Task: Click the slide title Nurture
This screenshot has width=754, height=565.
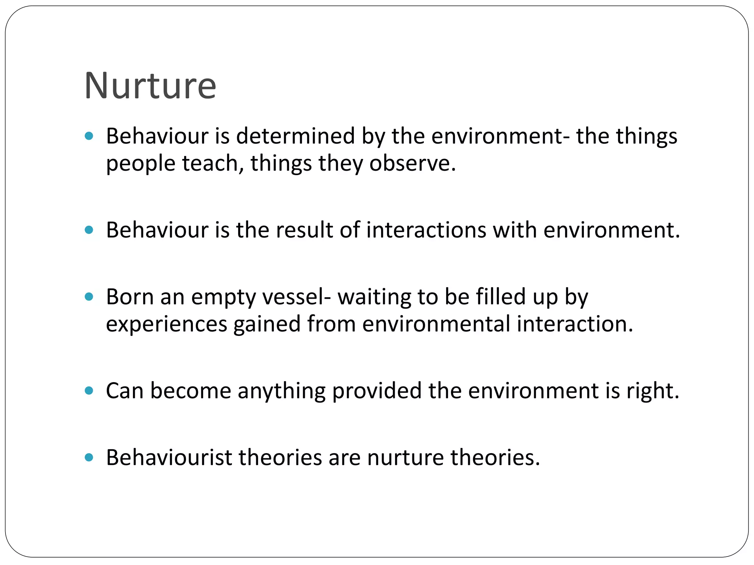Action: click(150, 86)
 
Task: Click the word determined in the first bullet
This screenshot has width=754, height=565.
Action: click(295, 136)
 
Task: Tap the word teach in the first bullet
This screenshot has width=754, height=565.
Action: click(210, 163)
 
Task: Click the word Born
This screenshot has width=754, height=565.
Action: click(130, 297)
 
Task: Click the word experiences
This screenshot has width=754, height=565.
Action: click(166, 324)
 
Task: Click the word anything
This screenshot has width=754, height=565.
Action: click(281, 391)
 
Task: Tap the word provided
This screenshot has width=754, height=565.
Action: click(377, 391)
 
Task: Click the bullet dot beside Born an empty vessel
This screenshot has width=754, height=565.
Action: click(89, 296)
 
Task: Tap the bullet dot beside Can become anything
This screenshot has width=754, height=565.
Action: click(89, 390)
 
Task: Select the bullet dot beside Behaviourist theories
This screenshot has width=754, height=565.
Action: click(89, 457)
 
